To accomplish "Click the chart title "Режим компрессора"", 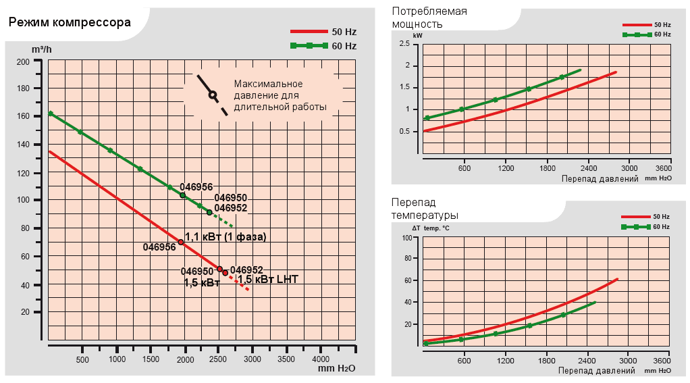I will click(70, 22).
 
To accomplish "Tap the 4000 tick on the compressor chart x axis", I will click(321, 359).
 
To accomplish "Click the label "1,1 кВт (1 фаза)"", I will click(225, 237).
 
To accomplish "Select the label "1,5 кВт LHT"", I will click(268, 279).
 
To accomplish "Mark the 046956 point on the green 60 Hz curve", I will click(182, 195).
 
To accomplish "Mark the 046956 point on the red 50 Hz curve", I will click(181, 242).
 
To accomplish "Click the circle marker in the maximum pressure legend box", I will click(213, 95).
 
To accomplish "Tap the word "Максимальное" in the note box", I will click(268, 84).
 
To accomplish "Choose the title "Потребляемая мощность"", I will click(429, 18).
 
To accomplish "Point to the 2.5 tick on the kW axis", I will click(404, 44).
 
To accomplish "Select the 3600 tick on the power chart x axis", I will click(663, 168).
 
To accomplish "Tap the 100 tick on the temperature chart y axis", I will click(406, 238).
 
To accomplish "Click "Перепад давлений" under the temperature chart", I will click(596, 370).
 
